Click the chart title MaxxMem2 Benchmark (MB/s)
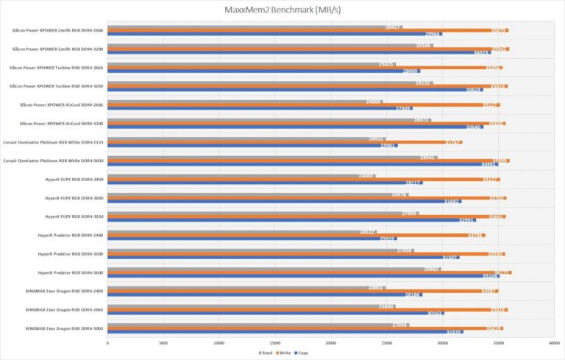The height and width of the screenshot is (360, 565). point(282,10)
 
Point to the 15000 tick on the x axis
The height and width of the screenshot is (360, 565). point(274,343)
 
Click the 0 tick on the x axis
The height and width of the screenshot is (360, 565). point(107,343)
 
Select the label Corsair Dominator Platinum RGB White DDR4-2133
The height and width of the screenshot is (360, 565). point(52,142)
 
